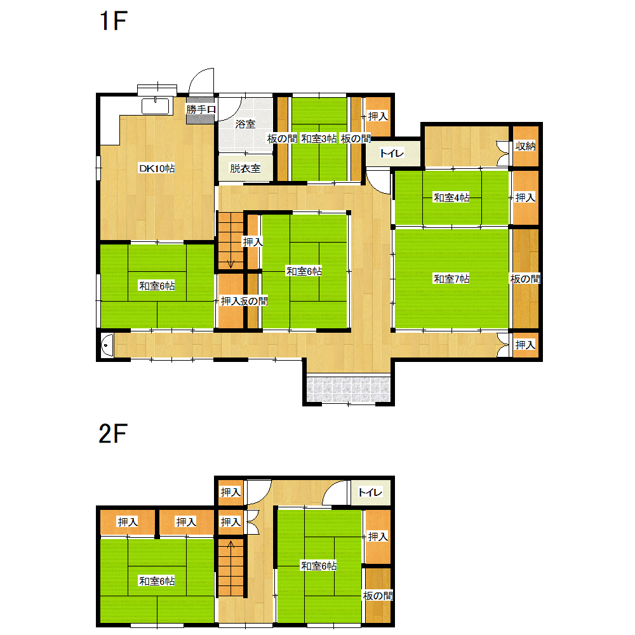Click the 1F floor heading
click(114, 21)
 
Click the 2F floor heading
click(113, 433)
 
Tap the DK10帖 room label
click(157, 168)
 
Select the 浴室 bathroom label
click(245, 124)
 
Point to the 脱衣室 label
click(245, 168)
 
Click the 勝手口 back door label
click(201, 109)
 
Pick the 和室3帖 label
click(319, 138)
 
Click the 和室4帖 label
click(451, 197)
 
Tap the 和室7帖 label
click(451, 279)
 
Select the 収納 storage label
click(525, 146)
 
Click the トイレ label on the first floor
click(392, 154)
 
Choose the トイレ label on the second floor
click(371, 493)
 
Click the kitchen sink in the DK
click(155, 105)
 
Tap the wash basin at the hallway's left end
click(107, 345)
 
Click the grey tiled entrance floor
click(348, 390)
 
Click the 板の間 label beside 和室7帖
click(525, 279)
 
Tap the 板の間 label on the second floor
click(378, 596)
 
